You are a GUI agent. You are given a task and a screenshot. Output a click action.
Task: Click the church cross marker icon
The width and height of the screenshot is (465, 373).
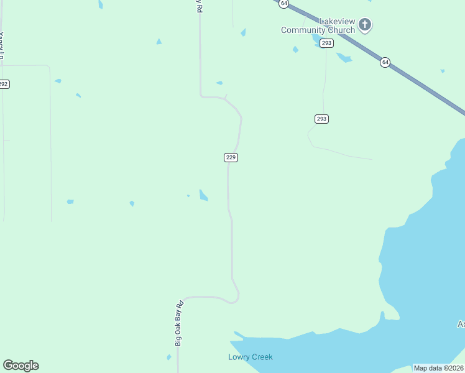coord(365,25)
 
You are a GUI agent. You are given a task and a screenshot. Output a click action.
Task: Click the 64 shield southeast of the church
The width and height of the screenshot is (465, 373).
coord(385,63)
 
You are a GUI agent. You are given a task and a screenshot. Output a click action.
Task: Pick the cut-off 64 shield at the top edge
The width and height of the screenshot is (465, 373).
coord(283,3)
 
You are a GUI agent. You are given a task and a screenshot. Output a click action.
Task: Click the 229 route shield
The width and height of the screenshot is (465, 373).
coord(231,157)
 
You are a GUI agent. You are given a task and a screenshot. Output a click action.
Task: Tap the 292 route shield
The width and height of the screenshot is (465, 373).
coord(4,84)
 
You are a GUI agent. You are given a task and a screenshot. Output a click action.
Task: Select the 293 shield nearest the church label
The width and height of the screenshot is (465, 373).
coord(327,43)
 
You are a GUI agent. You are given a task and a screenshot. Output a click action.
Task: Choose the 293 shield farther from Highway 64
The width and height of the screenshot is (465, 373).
coord(321,119)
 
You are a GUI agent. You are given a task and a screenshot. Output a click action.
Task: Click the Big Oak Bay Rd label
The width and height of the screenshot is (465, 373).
coord(180,323)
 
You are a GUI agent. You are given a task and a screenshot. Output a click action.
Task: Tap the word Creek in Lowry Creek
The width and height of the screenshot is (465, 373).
coord(262,357)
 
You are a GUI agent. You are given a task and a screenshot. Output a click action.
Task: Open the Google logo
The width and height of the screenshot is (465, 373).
coord(21,366)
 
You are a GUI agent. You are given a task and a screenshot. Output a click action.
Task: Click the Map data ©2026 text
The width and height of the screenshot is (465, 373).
coord(438,368)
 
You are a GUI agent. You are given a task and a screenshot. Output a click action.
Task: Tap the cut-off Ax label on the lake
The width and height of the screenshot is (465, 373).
coord(461,324)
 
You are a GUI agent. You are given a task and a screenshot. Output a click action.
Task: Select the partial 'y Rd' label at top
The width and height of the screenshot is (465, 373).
coord(198,6)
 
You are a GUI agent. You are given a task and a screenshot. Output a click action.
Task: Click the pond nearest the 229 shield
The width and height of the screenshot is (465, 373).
coord(203,196)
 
